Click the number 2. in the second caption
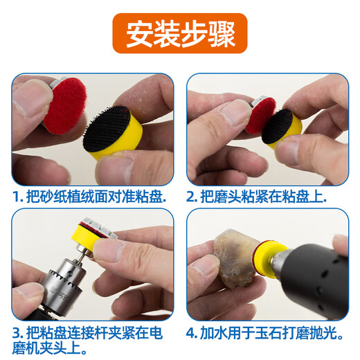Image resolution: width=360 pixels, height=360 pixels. [193, 197]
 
